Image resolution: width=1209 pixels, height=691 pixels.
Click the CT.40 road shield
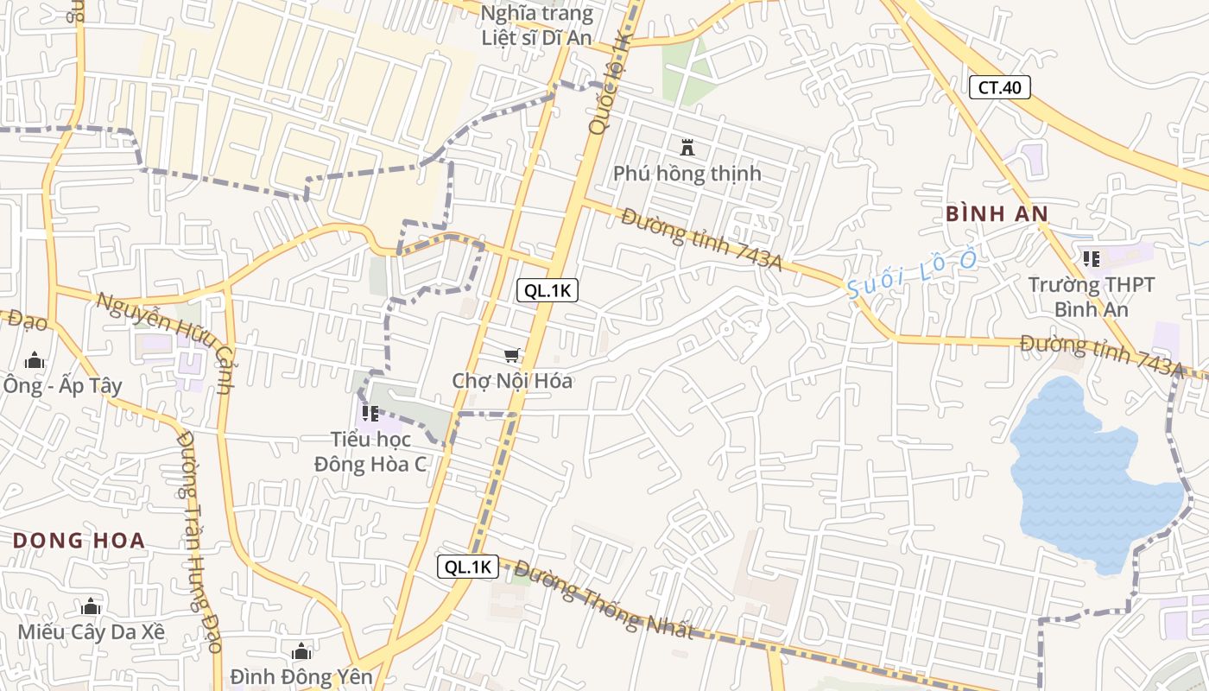coord(1000,87)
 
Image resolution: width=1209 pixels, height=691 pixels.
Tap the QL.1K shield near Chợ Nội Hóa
coord(548,290)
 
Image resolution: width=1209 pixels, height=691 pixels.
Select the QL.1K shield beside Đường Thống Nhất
coord(468,567)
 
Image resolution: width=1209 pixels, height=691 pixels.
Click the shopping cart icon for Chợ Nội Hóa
coord(512,356)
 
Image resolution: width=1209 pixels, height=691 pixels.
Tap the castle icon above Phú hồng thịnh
coord(687,148)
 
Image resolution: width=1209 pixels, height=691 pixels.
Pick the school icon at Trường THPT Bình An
coord(1092,258)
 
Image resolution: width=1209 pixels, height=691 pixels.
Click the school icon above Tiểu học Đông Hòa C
coord(370,414)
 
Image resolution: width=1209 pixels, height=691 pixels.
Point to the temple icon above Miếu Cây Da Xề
coord(91,606)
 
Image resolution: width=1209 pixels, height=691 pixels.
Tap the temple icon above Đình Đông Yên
coord(301,651)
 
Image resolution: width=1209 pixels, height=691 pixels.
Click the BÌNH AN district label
coord(997,214)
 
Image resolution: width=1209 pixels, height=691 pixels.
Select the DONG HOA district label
coord(79,542)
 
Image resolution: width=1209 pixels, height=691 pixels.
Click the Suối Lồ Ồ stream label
coord(912,273)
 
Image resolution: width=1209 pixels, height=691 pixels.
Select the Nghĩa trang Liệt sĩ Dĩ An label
coord(536,25)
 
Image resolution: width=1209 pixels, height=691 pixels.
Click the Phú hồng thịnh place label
coord(687,174)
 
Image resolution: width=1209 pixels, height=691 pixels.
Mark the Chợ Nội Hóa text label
coord(512,381)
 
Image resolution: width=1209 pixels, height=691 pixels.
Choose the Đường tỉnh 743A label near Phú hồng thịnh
coord(701,239)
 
